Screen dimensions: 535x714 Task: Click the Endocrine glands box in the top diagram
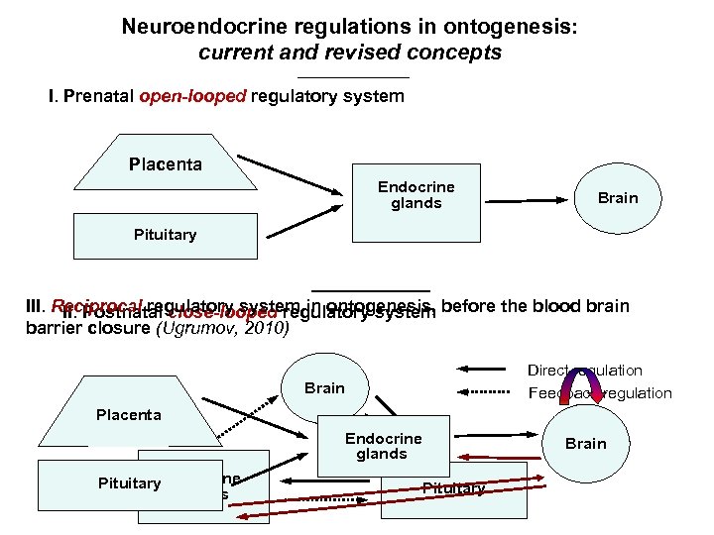[x=416, y=195]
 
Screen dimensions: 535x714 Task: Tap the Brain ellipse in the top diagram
[x=617, y=197]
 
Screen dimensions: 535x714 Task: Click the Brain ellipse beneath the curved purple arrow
[x=585, y=443]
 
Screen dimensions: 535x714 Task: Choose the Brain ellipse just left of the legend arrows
[x=324, y=388]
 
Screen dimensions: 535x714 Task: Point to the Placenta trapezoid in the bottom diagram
[x=128, y=414]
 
